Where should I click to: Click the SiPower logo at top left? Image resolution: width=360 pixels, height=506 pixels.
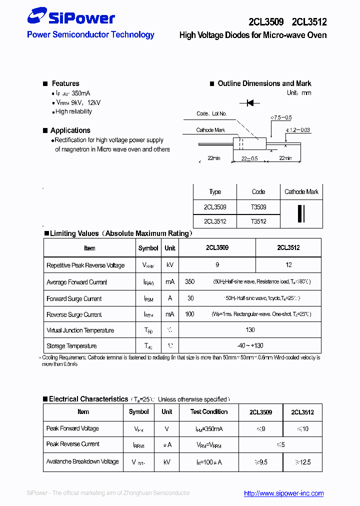click(70, 18)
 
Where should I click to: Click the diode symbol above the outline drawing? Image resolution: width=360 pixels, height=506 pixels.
click(249, 103)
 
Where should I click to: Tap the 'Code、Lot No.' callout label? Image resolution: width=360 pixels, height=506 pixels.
click(211, 114)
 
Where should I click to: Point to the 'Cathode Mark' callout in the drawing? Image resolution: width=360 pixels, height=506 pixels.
click(210, 130)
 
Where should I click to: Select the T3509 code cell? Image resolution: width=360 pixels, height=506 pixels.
click(258, 207)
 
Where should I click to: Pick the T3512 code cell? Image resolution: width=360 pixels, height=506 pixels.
click(258, 221)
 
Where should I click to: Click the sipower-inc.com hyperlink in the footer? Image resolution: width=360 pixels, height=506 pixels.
click(283, 493)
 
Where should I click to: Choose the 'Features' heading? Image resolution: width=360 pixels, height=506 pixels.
click(65, 83)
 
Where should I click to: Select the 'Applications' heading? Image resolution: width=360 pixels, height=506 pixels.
click(70, 130)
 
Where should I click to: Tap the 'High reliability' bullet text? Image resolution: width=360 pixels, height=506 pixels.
click(73, 111)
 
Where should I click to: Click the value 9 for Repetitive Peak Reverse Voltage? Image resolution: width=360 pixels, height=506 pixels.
click(217, 265)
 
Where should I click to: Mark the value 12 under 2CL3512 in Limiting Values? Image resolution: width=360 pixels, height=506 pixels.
click(288, 265)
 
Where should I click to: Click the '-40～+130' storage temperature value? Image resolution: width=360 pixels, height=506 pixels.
click(250, 346)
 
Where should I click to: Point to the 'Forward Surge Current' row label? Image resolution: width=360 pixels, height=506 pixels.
click(74, 299)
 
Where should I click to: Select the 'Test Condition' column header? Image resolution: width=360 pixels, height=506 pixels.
click(209, 412)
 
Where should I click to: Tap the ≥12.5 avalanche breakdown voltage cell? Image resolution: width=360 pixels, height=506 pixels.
click(302, 462)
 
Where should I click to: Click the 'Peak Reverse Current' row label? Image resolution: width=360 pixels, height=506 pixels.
click(73, 444)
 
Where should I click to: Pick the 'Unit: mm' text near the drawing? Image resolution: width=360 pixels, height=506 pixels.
click(299, 93)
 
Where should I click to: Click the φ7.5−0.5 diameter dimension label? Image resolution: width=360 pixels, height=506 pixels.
click(281, 117)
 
